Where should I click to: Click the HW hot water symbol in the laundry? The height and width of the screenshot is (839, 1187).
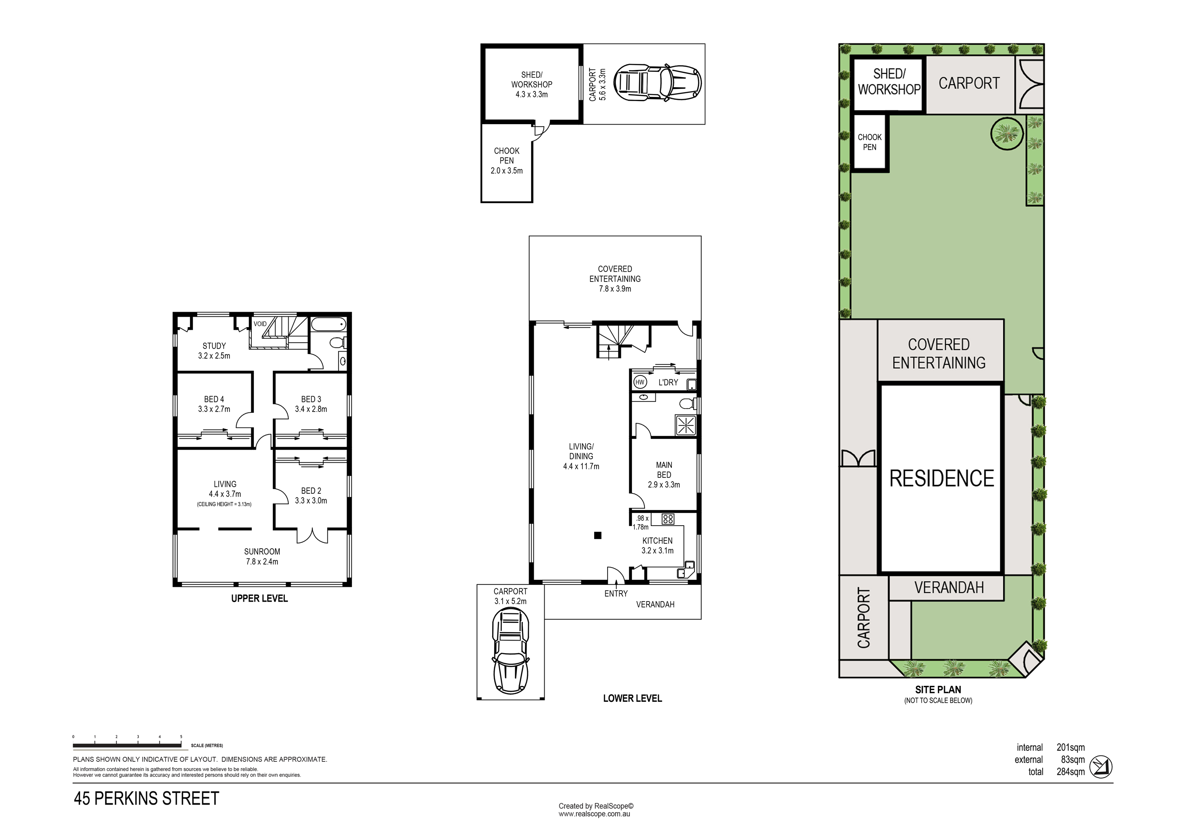tap(640, 383)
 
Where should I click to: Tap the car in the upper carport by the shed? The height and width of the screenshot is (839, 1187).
tap(657, 83)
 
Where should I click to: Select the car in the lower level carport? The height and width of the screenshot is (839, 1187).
tap(510, 650)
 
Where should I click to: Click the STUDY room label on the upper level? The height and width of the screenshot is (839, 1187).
tap(214, 346)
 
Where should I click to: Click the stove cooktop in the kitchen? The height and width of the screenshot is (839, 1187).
tap(668, 519)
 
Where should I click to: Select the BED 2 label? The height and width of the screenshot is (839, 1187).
tap(311, 490)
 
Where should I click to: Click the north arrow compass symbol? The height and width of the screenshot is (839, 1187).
tap(1101, 767)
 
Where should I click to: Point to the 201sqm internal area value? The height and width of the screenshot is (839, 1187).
tap(1071, 748)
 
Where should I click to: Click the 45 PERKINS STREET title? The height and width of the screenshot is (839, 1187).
tap(146, 799)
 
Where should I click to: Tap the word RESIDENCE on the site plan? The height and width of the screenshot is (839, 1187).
tap(942, 479)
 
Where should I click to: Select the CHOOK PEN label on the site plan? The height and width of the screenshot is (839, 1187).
tap(869, 142)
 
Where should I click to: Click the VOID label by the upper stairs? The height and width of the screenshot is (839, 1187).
tap(260, 324)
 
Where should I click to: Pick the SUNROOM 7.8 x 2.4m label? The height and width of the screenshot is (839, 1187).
tap(262, 557)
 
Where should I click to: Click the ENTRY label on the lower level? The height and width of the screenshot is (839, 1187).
tap(616, 594)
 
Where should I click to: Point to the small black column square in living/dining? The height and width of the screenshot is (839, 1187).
tap(597, 536)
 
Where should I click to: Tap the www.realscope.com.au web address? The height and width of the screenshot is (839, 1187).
tap(594, 814)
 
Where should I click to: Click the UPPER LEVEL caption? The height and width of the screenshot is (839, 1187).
tap(260, 598)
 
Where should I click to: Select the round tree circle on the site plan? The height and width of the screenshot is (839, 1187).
tap(1007, 134)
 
